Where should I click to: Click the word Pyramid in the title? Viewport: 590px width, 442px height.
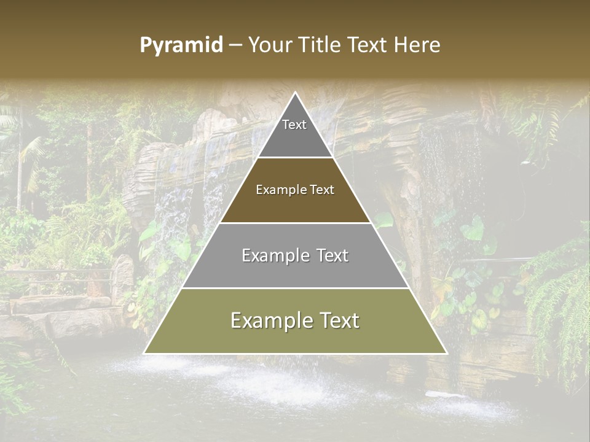pyautogui.click(x=181, y=45)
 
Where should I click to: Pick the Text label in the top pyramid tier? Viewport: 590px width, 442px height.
pyautogui.click(x=294, y=125)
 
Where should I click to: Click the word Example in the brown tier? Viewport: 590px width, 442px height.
pyautogui.click(x=280, y=190)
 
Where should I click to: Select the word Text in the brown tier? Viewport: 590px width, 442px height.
pyautogui.click(x=321, y=190)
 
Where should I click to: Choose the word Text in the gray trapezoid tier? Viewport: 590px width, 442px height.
pyautogui.click(x=332, y=255)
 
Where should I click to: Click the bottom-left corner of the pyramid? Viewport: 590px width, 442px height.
pyautogui.click(x=145, y=353)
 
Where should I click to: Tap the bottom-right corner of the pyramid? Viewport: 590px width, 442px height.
pyautogui.click(x=446, y=353)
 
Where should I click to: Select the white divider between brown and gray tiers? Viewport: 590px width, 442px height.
pyautogui.click(x=296, y=223)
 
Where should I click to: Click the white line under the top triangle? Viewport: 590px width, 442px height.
pyautogui.click(x=296, y=158)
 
